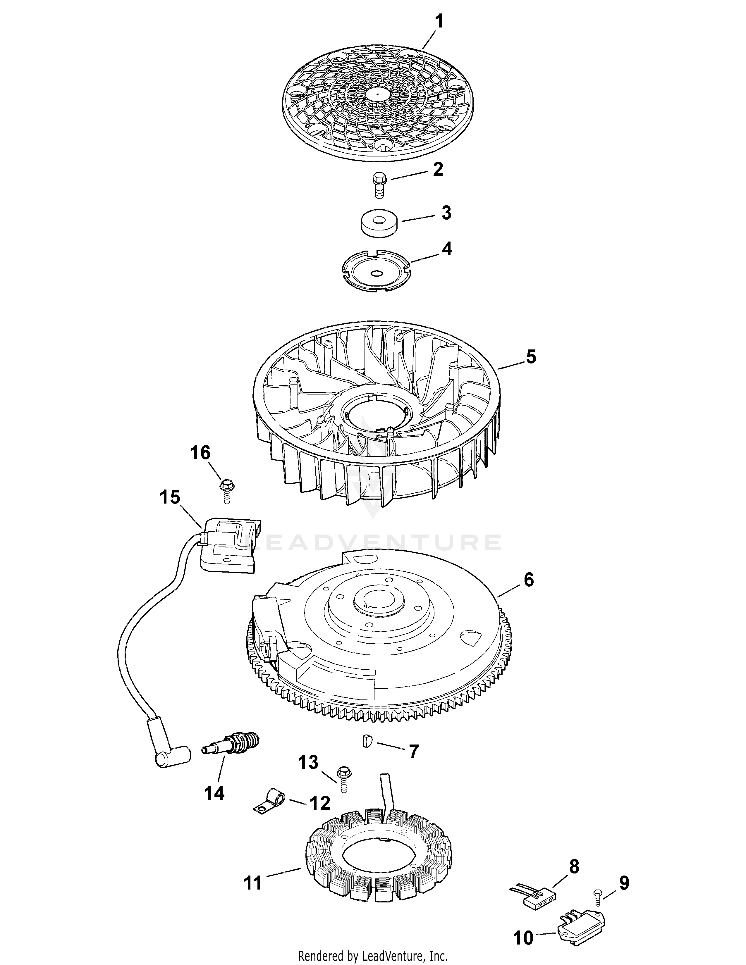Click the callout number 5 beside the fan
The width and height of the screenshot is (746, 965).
point(530,356)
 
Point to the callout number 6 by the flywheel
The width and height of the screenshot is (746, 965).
point(529,579)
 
